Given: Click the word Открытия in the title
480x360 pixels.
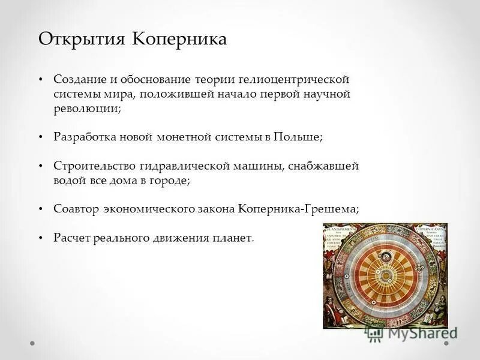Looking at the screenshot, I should [83, 40].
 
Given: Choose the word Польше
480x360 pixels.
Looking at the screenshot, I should [298, 137].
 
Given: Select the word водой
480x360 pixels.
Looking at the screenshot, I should [67, 180].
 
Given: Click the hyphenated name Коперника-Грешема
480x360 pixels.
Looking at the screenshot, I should [298, 209].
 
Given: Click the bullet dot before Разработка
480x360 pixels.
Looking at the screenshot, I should [41, 137].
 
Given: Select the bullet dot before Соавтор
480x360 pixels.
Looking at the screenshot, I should [41, 209].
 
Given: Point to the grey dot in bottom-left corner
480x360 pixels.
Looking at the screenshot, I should [33, 344].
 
